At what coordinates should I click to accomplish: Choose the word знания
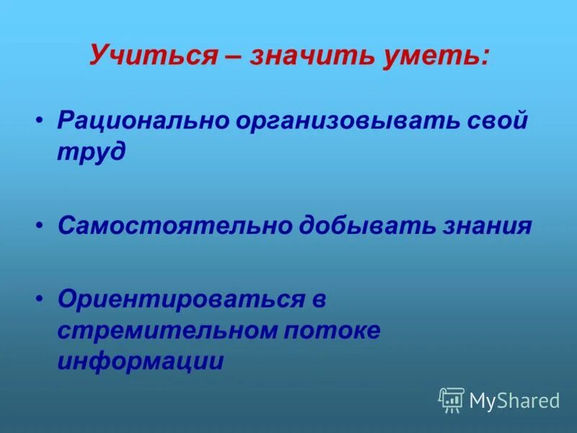click(x=489, y=226)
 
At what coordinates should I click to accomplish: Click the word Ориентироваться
click(x=182, y=298)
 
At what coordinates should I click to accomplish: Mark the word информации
click(x=141, y=362)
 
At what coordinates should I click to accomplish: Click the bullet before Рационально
click(x=40, y=120)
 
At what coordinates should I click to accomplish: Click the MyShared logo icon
click(x=451, y=400)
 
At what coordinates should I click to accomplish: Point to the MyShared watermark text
click(x=514, y=401)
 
